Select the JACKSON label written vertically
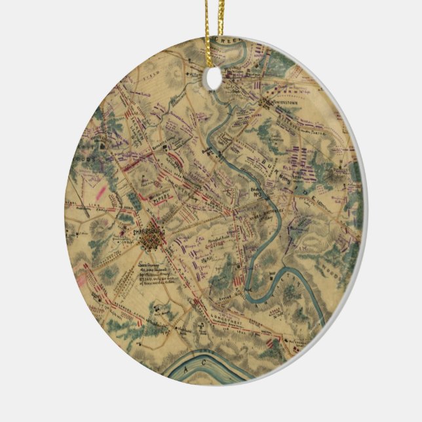[x=136, y=121]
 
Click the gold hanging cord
[x=212, y=26]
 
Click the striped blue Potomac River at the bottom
[x=216, y=368]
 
